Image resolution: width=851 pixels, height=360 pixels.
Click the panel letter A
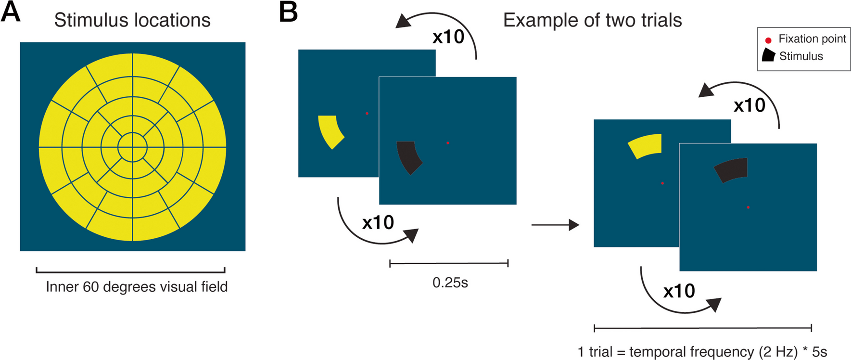tap(11, 12)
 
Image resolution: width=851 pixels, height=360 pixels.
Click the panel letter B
tap(288, 12)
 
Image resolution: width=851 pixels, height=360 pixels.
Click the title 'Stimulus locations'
tap(132, 20)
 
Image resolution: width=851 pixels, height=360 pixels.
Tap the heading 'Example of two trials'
tap(592, 20)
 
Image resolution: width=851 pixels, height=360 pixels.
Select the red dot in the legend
tap(768, 40)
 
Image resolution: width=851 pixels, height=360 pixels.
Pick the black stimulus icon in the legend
tap(769, 55)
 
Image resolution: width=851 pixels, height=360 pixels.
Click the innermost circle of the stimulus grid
tap(132, 147)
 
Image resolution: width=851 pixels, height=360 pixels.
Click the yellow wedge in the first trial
tap(330, 131)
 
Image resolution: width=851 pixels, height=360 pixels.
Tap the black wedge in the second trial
tap(732, 169)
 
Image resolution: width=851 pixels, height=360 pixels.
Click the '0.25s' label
tap(450, 283)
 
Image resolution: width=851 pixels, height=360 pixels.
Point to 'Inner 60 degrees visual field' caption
tap(137, 287)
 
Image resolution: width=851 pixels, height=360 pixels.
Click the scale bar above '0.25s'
tap(449, 263)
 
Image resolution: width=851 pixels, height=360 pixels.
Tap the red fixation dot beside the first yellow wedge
tap(367, 114)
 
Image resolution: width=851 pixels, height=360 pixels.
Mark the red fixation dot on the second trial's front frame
tap(748, 207)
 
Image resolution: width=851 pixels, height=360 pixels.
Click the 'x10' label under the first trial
tap(378, 222)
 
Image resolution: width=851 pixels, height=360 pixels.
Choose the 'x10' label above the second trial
tap(749, 105)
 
